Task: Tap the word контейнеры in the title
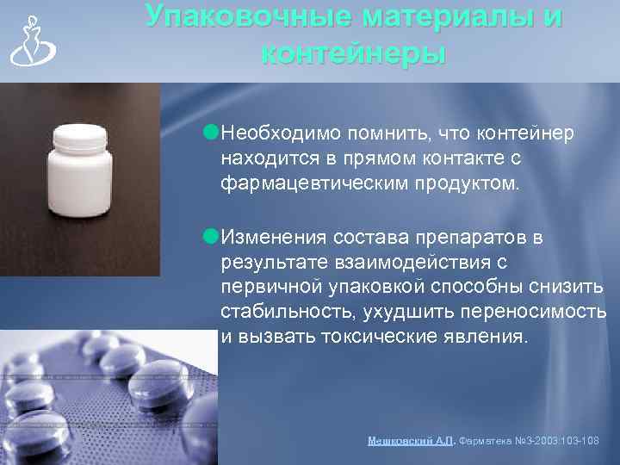click(353, 53)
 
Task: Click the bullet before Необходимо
click(212, 132)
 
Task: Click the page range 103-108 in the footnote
click(579, 440)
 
